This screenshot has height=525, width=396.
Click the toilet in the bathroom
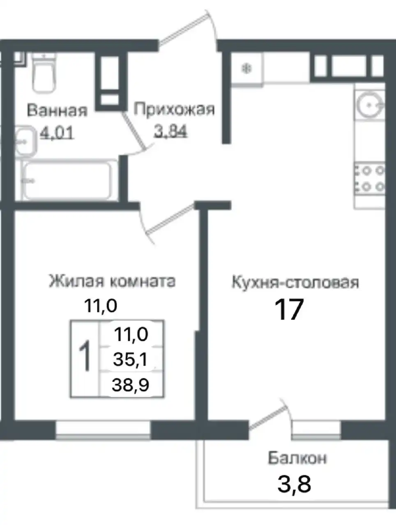point(44,73)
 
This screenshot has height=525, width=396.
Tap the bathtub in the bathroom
point(67,180)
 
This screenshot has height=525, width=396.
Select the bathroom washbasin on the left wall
point(25,141)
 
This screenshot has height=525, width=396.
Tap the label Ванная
point(57,110)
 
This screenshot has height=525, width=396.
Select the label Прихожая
point(174,110)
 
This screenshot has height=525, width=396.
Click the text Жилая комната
point(112,281)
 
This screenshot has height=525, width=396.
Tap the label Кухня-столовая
point(295,283)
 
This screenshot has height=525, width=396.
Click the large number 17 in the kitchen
point(289,310)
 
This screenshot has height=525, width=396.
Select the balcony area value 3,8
point(294,484)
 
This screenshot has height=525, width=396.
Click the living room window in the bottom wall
point(103,430)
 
